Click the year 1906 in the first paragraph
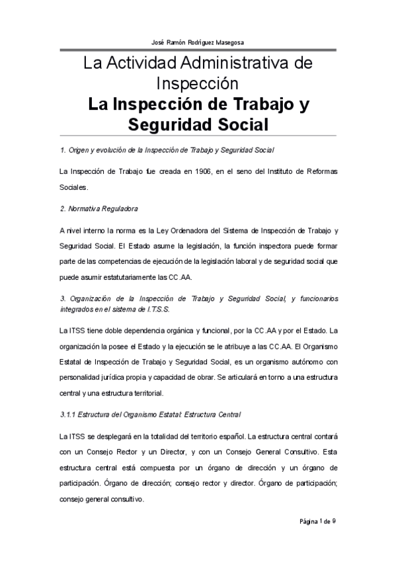[x=197, y=172]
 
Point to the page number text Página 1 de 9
[x=318, y=521]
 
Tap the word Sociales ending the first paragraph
[x=73, y=187]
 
